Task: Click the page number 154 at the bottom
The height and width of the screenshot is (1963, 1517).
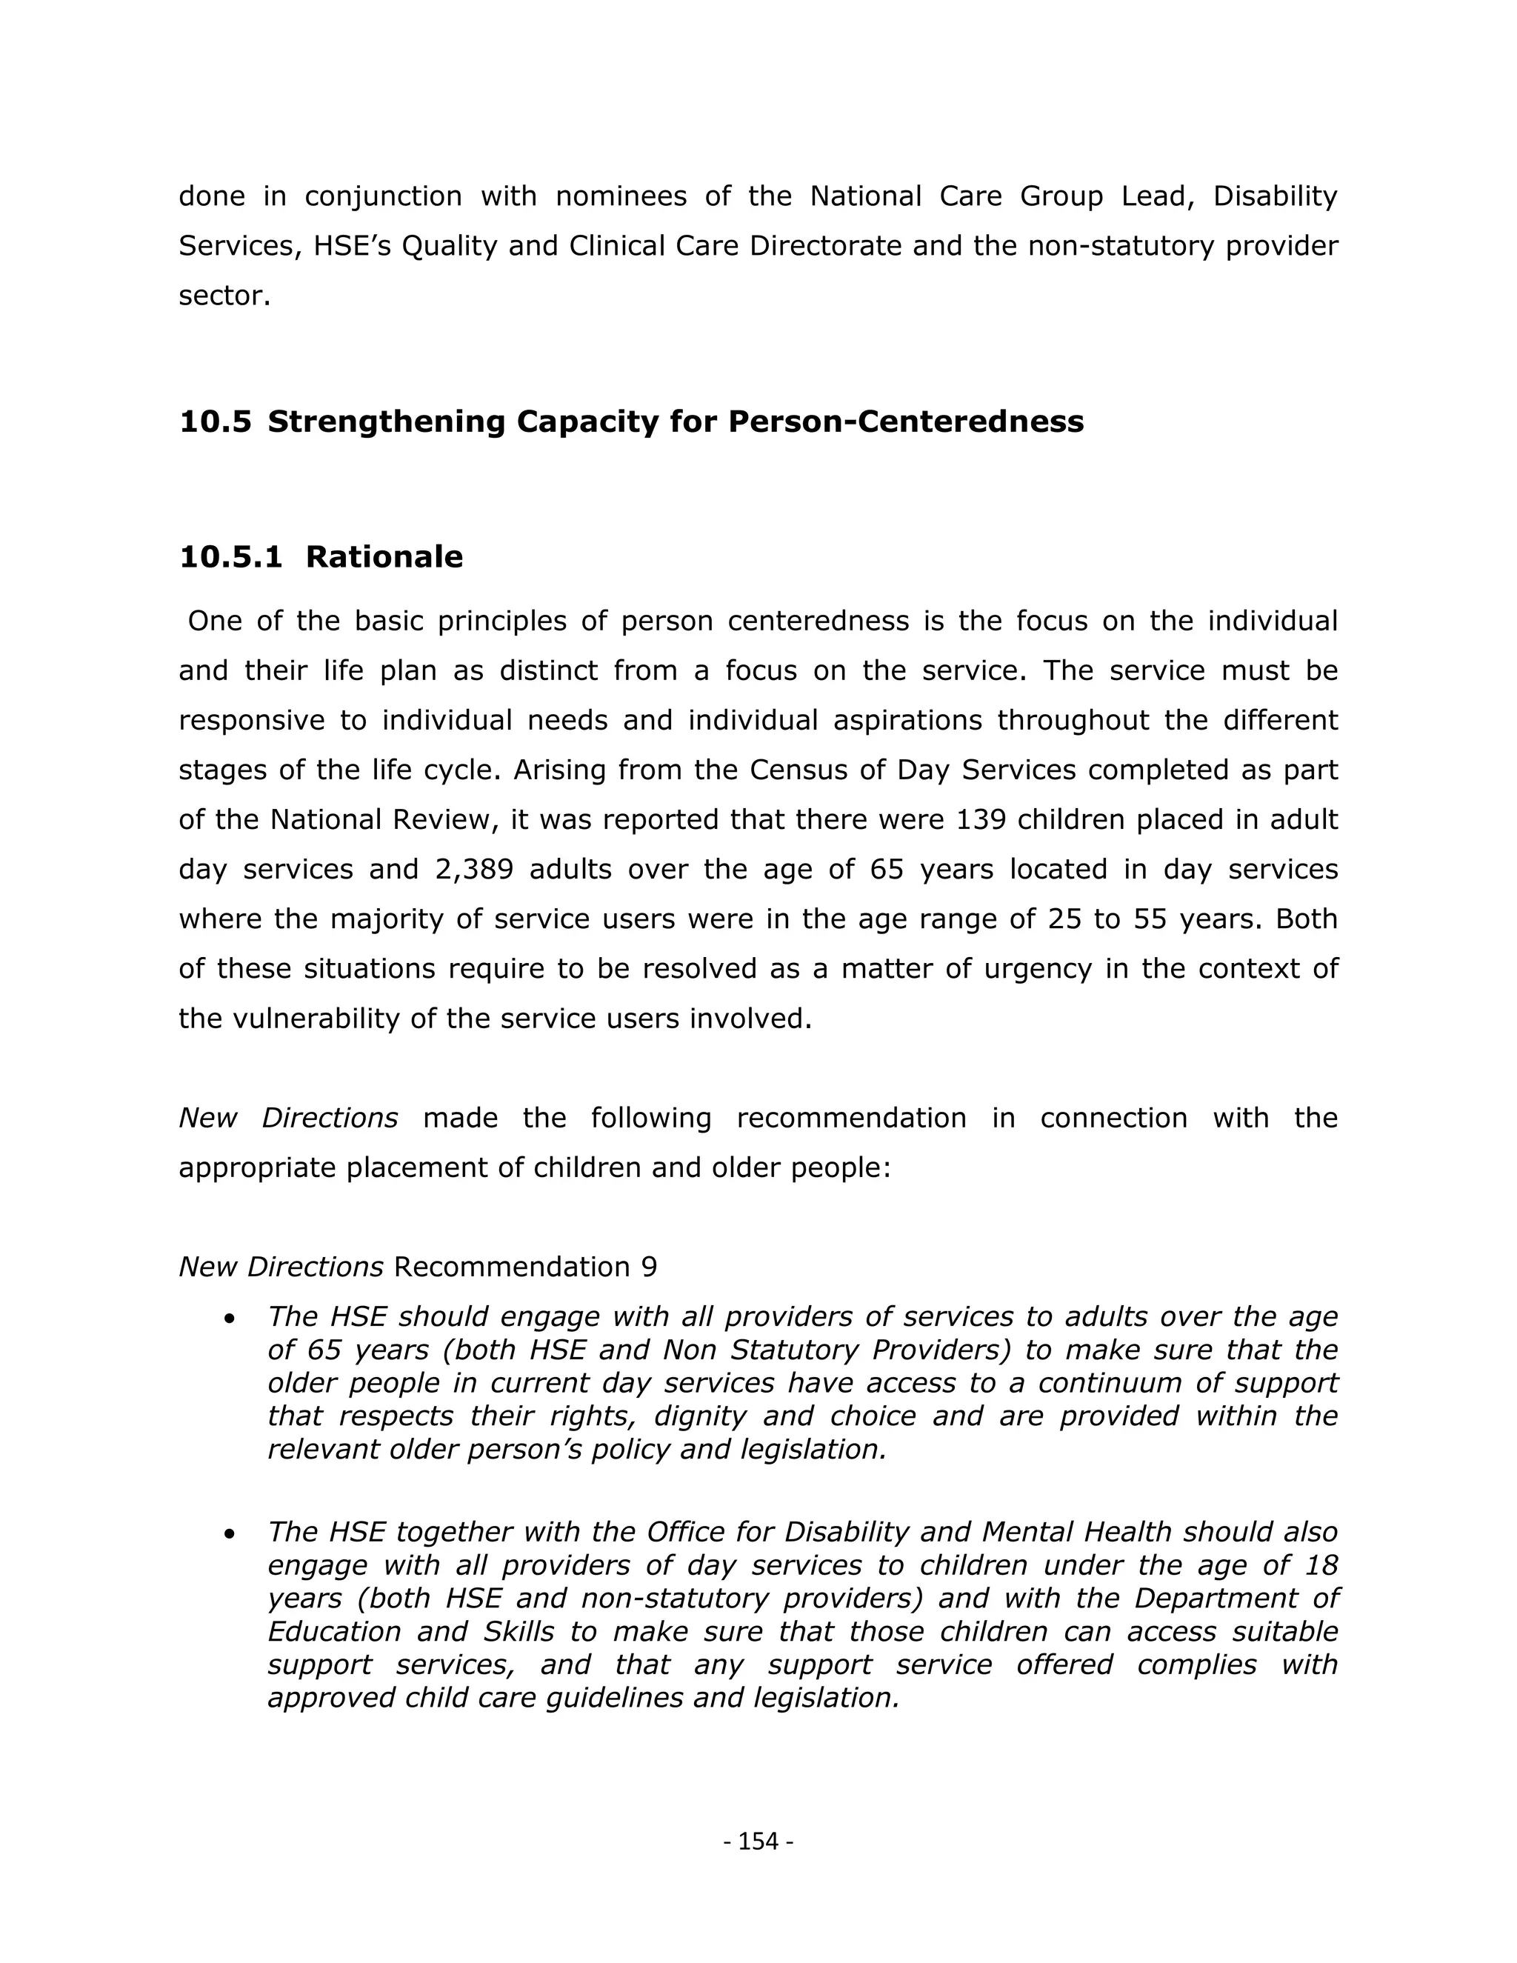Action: [x=758, y=1842]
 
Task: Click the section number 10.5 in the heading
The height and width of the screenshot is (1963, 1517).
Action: [x=215, y=421]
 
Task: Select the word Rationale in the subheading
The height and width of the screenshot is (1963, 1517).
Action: [x=384, y=557]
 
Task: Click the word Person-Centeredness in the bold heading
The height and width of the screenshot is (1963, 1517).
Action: [x=905, y=421]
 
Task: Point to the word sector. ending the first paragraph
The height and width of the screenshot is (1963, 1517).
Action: [x=224, y=296]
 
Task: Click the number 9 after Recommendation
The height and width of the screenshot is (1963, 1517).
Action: [x=649, y=1267]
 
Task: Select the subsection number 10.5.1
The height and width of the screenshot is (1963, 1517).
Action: [x=231, y=557]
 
